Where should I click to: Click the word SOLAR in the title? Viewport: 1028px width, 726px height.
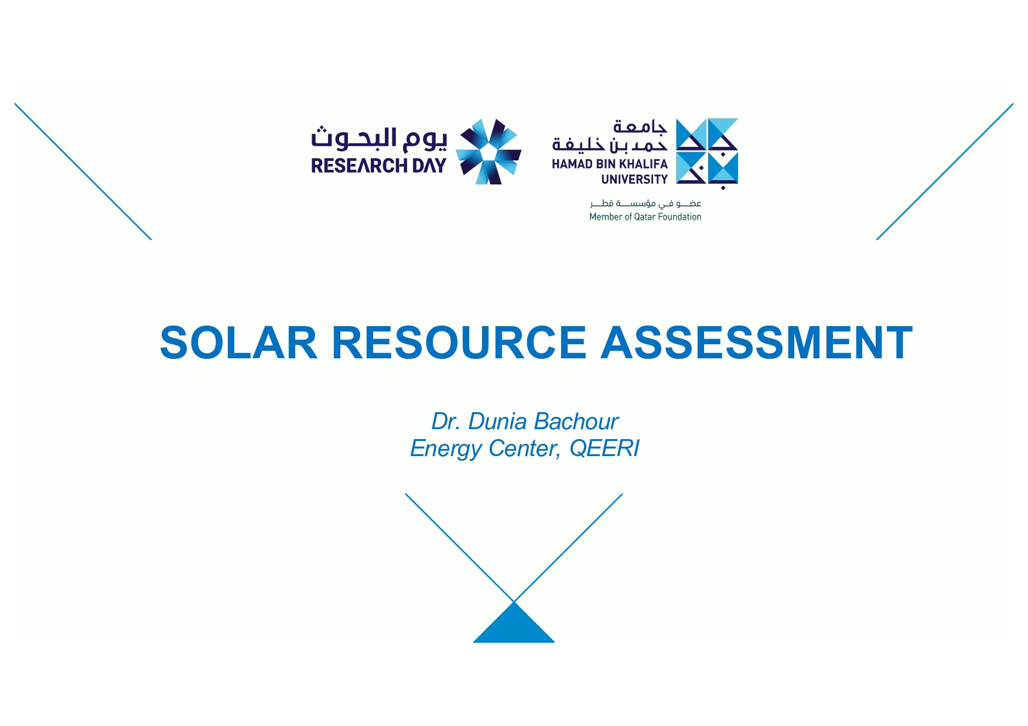239,343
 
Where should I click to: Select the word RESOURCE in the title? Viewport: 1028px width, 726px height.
459,343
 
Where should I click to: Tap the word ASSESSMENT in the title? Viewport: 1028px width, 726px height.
757,343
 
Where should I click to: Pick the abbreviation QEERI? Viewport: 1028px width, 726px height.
604,448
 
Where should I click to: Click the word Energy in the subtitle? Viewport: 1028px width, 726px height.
446,449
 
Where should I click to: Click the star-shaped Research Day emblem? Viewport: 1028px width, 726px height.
489,152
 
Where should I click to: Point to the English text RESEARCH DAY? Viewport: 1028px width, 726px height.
378,166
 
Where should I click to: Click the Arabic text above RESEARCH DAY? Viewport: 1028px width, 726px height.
378,138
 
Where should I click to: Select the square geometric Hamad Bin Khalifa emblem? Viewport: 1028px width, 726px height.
707,152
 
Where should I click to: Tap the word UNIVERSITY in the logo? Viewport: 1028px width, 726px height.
634,179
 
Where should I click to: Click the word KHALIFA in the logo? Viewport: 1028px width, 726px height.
643,164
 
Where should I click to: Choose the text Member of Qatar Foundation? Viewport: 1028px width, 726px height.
646,217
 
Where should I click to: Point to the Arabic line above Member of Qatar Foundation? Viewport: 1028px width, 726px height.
646,203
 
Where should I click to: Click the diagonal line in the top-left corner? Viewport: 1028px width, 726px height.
83,172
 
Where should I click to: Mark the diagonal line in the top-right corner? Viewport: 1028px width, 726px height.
944,172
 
